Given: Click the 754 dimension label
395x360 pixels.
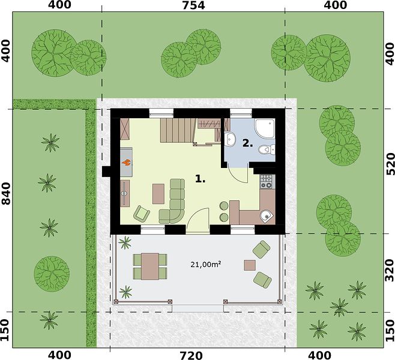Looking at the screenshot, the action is pos(193,5).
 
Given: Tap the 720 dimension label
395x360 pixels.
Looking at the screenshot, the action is pos(191,355).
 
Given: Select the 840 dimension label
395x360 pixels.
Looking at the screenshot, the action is pos(6,193).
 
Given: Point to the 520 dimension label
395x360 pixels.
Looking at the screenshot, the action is pos(390,164).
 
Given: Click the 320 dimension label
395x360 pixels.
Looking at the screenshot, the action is pos(390,270).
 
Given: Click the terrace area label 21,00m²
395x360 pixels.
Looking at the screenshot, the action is pos(206,265).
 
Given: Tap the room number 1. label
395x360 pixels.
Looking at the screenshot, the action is pos(201,179).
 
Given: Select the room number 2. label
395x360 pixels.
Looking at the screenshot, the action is pos(248,143).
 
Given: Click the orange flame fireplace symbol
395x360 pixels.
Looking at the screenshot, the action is pos(126,163).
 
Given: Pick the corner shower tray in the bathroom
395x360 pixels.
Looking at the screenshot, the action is pos(265,128).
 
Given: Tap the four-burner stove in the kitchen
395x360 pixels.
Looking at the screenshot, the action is pos(267,182).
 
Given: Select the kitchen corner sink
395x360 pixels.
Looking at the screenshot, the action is pos(267,216).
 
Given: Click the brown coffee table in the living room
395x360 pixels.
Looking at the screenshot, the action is pos(158,194).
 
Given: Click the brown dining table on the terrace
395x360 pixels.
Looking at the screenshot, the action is pos(150,266).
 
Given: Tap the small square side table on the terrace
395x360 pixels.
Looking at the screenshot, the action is pos(250,265).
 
